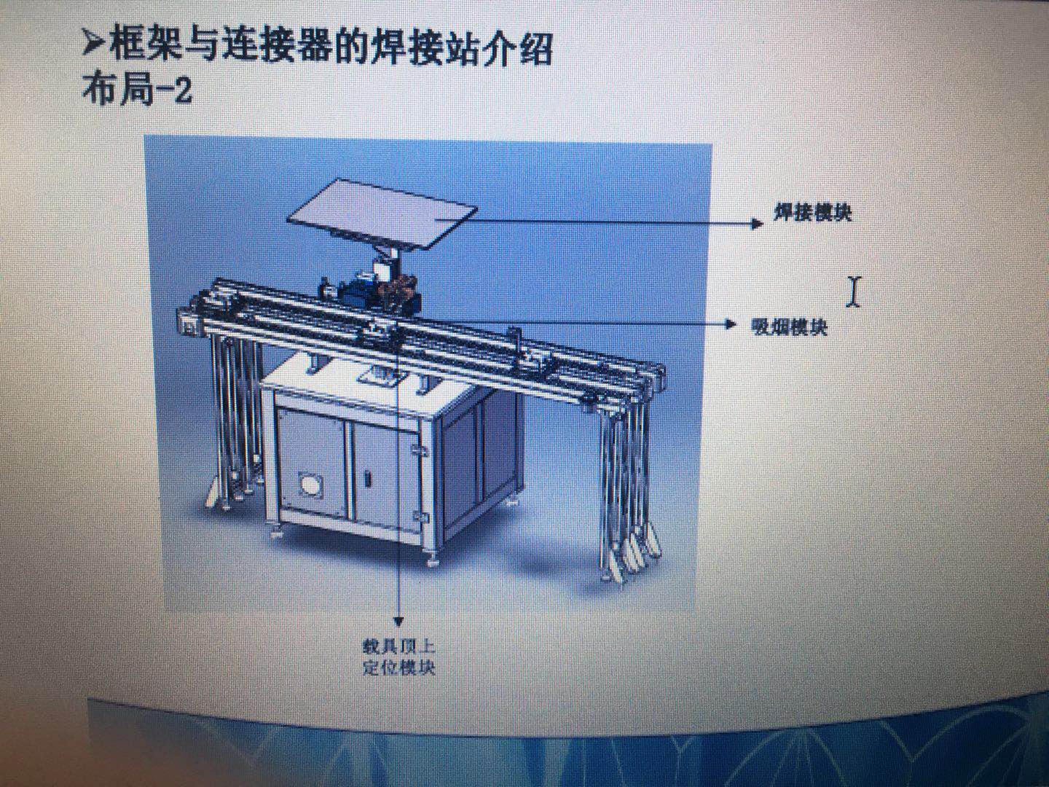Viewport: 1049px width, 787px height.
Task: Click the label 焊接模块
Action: pos(812,213)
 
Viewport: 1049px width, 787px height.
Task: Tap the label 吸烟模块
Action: pos(790,327)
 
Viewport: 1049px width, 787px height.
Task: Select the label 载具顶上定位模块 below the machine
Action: pos(398,657)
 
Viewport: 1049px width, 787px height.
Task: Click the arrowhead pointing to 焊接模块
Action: pos(758,224)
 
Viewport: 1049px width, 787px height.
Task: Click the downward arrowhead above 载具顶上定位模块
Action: pos(398,621)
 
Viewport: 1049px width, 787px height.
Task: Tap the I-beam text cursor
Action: pos(853,291)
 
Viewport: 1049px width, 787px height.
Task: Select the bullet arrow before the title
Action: pos(93,46)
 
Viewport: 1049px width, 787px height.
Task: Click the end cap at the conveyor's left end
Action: pos(189,323)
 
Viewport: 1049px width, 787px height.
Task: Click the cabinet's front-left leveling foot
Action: pos(277,530)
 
